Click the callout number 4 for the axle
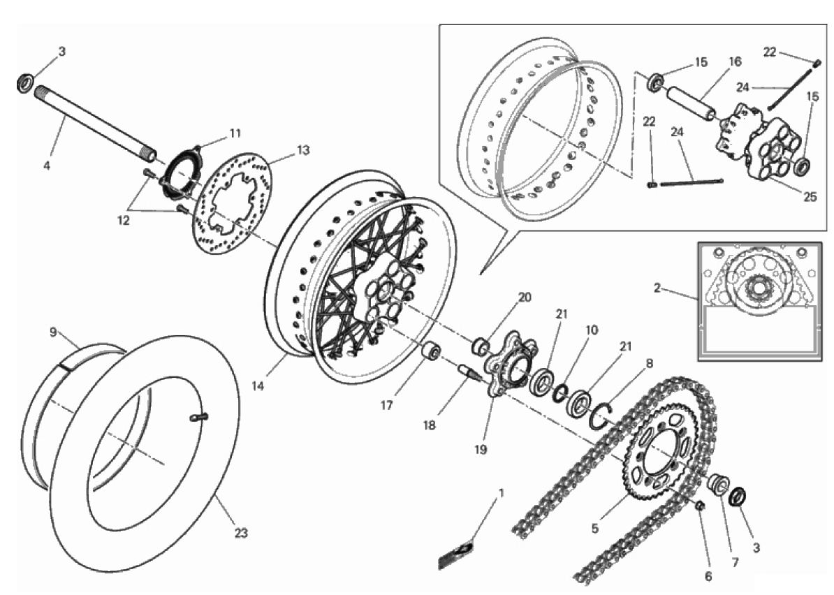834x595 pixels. tap(47, 166)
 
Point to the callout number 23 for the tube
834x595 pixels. tap(241, 532)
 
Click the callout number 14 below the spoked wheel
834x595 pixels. tap(258, 387)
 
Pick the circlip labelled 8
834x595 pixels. tap(601, 415)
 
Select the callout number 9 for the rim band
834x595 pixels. tap(52, 332)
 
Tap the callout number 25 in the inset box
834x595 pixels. tap(810, 197)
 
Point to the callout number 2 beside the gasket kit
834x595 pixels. tap(657, 288)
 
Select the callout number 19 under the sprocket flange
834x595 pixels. tap(481, 450)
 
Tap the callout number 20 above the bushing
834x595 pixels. tap(525, 297)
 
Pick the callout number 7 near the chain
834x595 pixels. tap(736, 562)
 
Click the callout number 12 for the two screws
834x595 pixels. tap(124, 220)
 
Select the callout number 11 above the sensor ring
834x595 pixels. tap(235, 133)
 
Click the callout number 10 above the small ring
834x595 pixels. tap(592, 330)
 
